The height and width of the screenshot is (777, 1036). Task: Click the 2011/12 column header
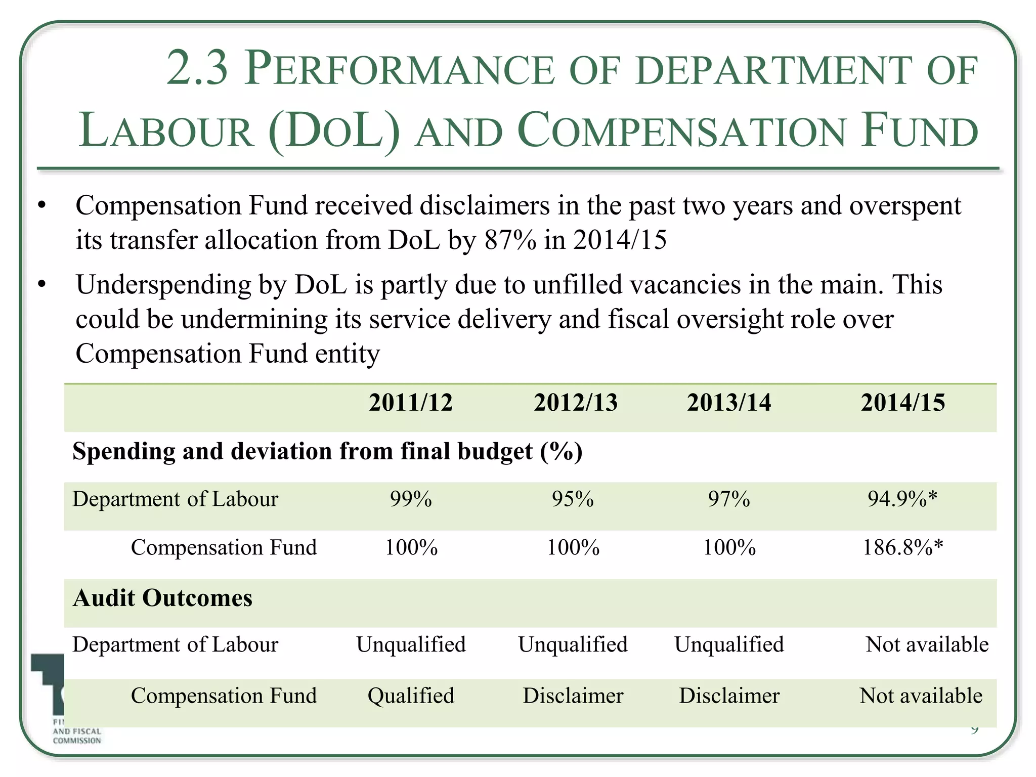pos(410,403)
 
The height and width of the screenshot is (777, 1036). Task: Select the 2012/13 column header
pos(576,403)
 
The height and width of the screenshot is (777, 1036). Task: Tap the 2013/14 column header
pos(729,403)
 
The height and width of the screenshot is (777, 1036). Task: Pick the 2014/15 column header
pos(903,403)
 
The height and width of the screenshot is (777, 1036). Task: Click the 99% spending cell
pos(411,499)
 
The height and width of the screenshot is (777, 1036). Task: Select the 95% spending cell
pos(573,499)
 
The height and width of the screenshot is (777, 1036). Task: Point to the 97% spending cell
pos(729,499)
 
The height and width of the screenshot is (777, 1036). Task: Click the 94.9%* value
pos(902,499)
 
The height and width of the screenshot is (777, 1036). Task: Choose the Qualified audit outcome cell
pos(411,696)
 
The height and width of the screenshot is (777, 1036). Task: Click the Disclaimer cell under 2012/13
pos(573,696)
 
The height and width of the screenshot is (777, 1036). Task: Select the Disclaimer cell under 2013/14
pos(729,696)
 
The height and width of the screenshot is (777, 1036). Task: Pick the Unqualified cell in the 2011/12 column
pos(411,645)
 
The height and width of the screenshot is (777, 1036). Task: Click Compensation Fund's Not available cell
pos(921,696)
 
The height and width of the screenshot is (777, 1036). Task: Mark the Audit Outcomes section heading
pos(162,598)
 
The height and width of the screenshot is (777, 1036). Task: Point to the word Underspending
pos(163,285)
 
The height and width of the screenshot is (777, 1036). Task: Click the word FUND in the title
pos(920,131)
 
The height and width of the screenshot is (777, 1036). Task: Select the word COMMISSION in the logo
pos(77,741)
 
